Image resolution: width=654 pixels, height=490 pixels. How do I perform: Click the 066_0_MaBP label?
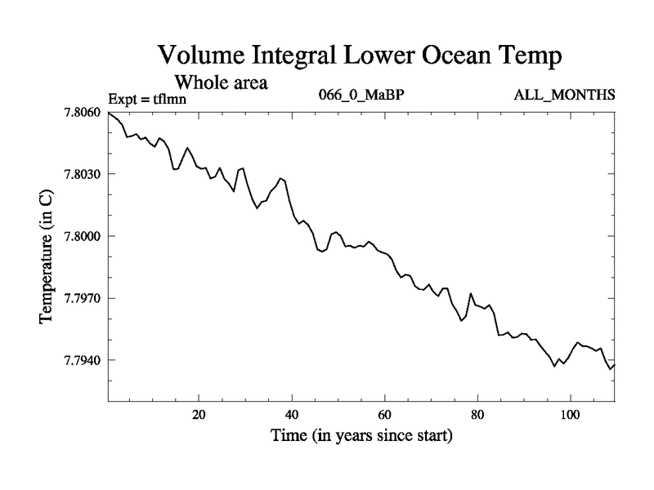pos(361,94)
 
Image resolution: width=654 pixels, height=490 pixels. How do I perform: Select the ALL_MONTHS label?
pos(564,94)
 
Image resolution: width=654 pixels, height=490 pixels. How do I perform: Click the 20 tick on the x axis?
pos(199,414)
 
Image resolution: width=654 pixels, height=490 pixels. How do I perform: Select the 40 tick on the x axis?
pos(292,414)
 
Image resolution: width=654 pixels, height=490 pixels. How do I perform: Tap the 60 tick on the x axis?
pos(384,414)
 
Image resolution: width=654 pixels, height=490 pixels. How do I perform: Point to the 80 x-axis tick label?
pos(477,414)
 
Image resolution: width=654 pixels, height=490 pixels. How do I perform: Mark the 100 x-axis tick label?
pos(570,414)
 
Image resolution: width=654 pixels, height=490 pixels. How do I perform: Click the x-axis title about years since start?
pos(361,436)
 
